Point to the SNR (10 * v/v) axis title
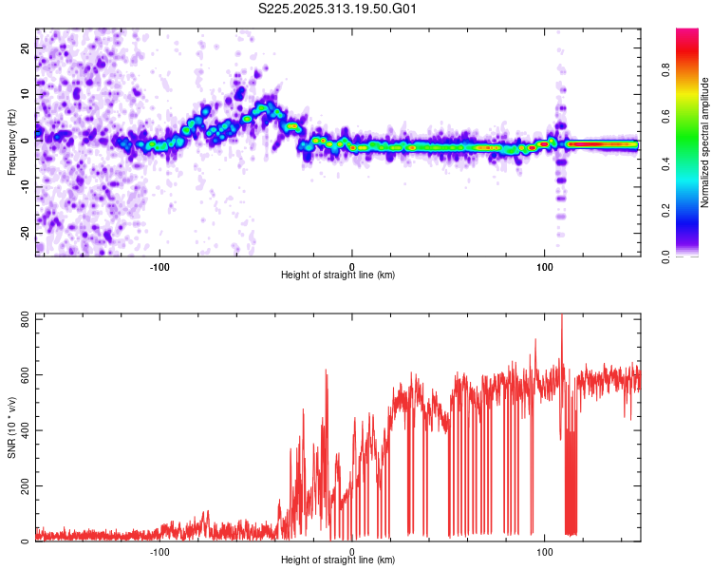click(12, 427)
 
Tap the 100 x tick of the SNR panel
click(545, 552)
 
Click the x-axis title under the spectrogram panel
click(338, 275)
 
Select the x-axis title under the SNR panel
click(338, 561)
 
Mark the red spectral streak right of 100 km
click(602, 144)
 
